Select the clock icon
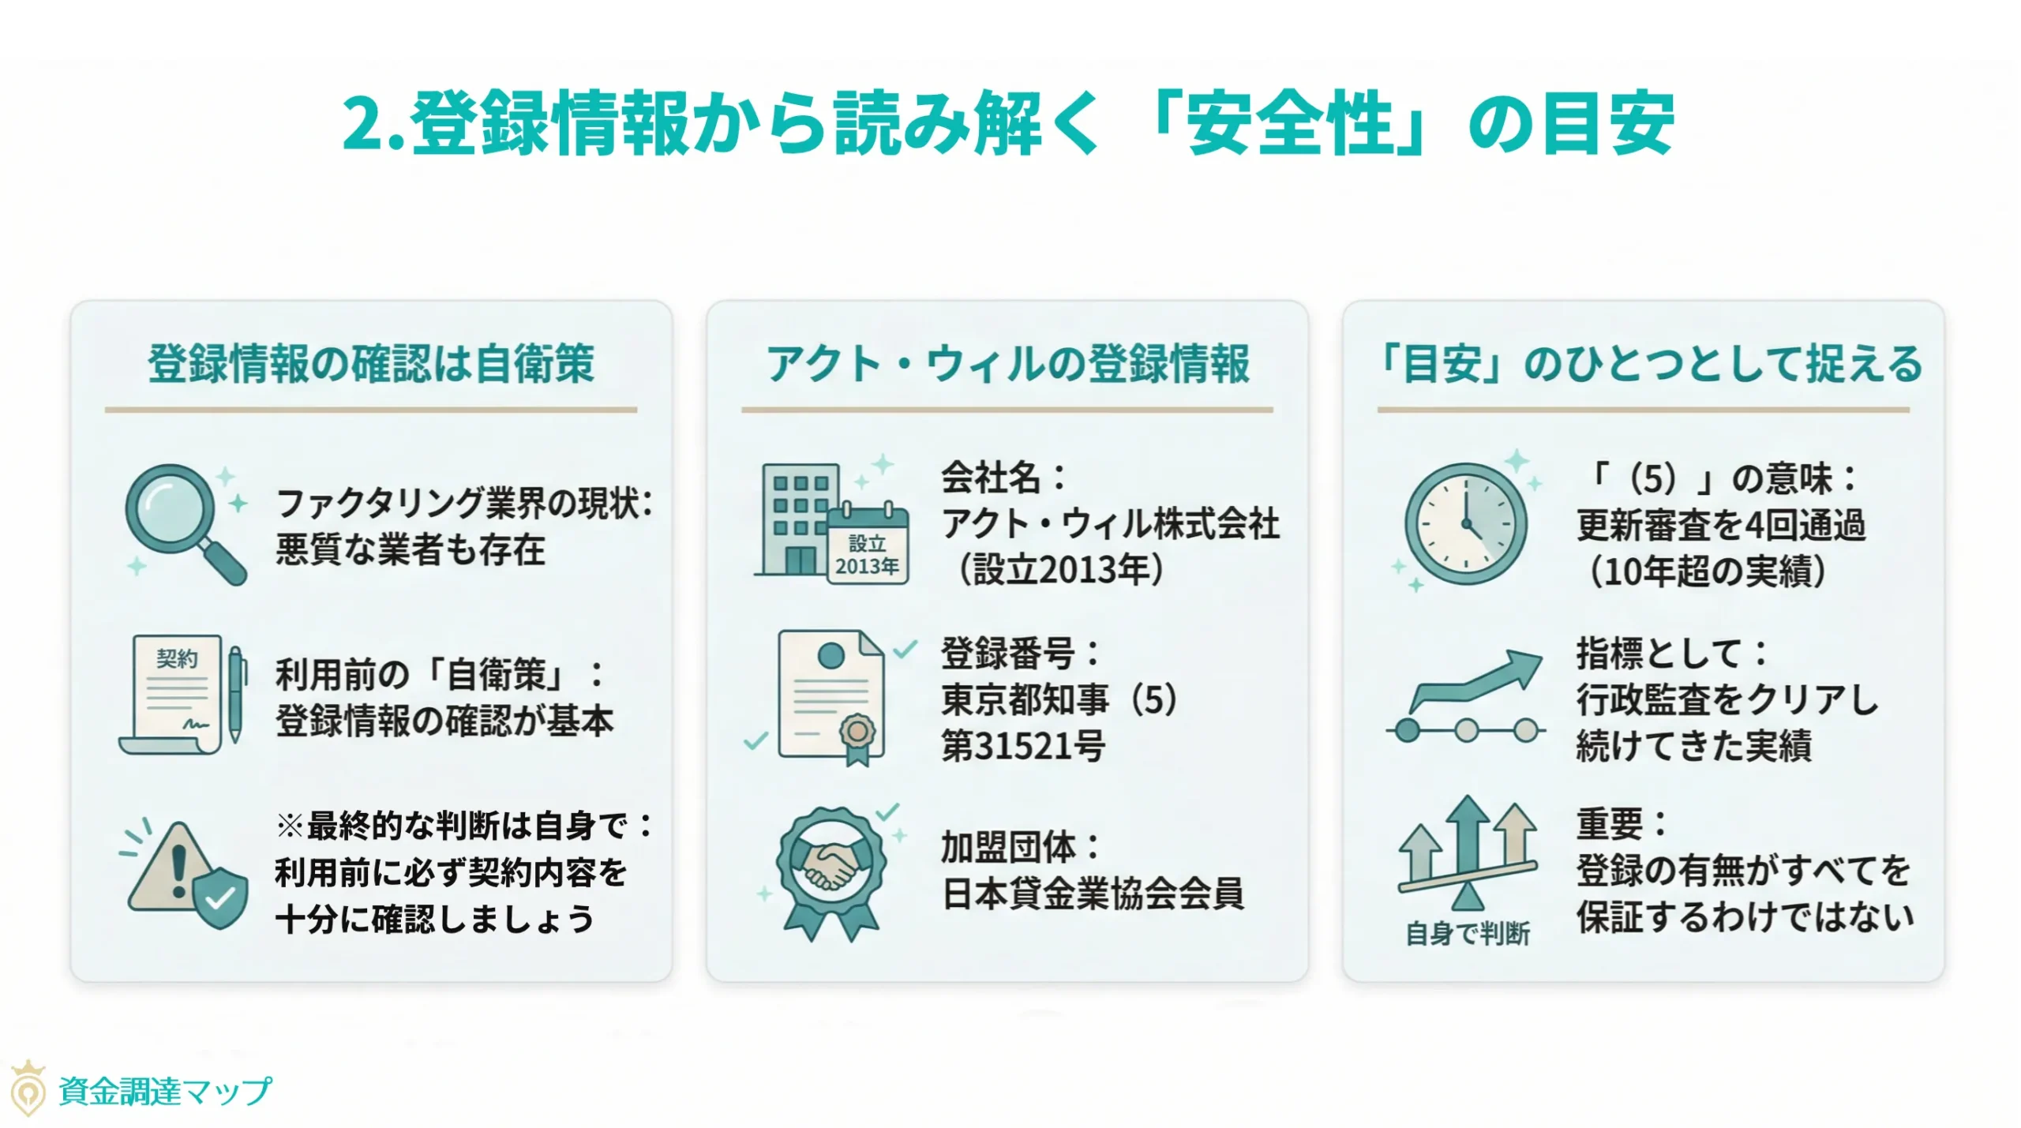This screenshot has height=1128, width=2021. pyautogui.click(x=1465, y=523)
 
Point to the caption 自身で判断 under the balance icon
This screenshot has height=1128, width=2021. pyautogui.click(x=1468, y=934)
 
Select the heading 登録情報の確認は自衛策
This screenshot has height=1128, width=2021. pyautogui.click(x=371, y=364)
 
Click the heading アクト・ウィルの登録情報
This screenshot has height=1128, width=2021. pyautogui.click(x=1007, y=364)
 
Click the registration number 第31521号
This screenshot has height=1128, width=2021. pyautogui.click(x=1023, y=746)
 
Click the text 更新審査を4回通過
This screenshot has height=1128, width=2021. pyautogui.click(x=1721, y=525)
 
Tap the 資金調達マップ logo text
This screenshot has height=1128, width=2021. pyautogui.click(x=165, y=1092)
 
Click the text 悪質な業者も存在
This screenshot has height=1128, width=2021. pyautogui.click(x=411, y=550)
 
